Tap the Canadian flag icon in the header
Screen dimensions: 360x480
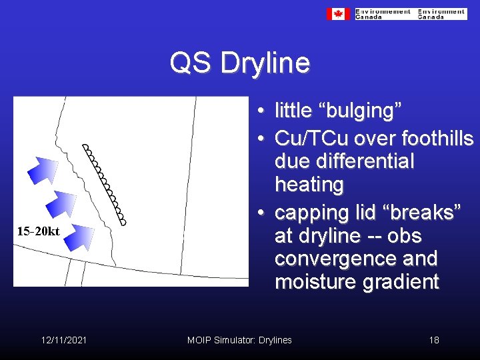pyautogui.click(x=338, y=14)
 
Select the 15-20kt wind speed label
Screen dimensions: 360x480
pyautogui.click(x=39, y=232)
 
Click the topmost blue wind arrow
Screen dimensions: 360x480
pyautogui.click(x=45, y=170)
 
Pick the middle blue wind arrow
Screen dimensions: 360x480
pyautogui.click(x=64, y=201)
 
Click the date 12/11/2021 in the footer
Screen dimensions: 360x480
pyautogui.click(x=63, y=340)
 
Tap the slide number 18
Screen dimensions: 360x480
pyautogui.click(x=434, y=340)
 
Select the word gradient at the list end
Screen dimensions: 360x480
pyautogui.click(x=400, y=282)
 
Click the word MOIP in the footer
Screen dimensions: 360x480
pyautogui.click(x=199, y=340)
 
